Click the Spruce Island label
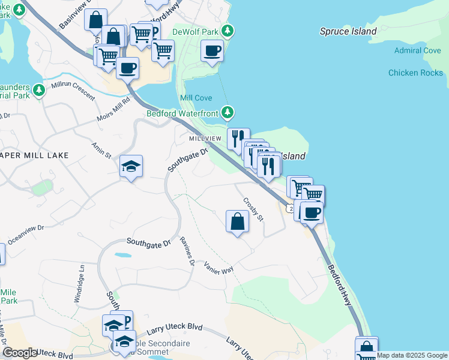coord(348,31)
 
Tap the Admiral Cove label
coord(418,50)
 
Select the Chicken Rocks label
coord(415,73)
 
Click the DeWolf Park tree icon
coord(228,30)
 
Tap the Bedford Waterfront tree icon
coord(228,112)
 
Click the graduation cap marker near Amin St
coord(131,166)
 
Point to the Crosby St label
coord(253,209)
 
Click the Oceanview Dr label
coord(24,229)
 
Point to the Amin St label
coord(101,150)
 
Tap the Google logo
coord(20,353)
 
